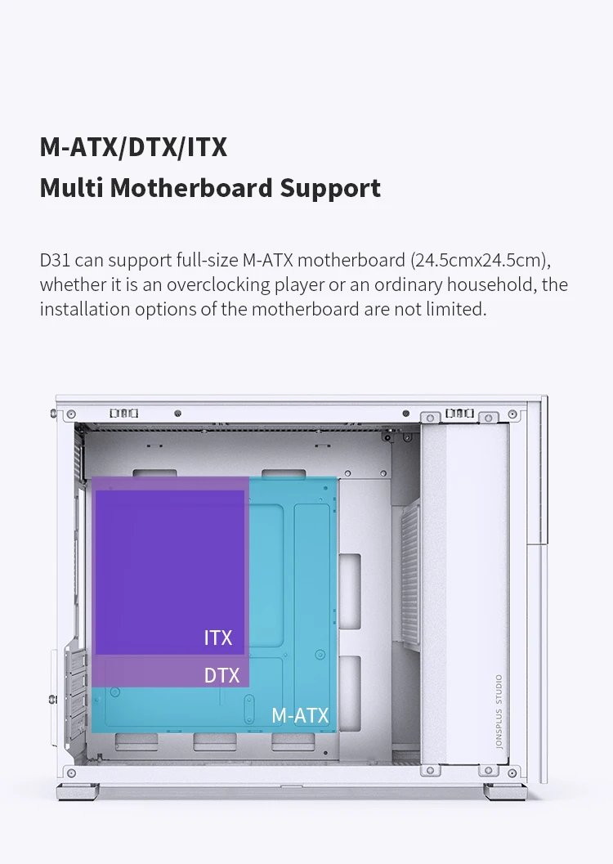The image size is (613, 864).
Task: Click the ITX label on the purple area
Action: (x=218, y=638)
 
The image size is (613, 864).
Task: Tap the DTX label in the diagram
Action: (x=221, y=675)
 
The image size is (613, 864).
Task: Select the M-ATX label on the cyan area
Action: (x=300, y=716)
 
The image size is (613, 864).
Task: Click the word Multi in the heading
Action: (x=71, y=188)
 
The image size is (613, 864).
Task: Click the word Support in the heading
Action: (x=330, y=188)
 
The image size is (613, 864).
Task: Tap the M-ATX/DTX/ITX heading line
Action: (x=133, y=147)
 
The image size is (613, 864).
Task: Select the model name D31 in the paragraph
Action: (x=54, y=261)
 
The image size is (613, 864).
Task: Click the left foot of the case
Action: (x=75, y=791)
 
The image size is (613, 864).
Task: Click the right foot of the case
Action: (x=503, y=791)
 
